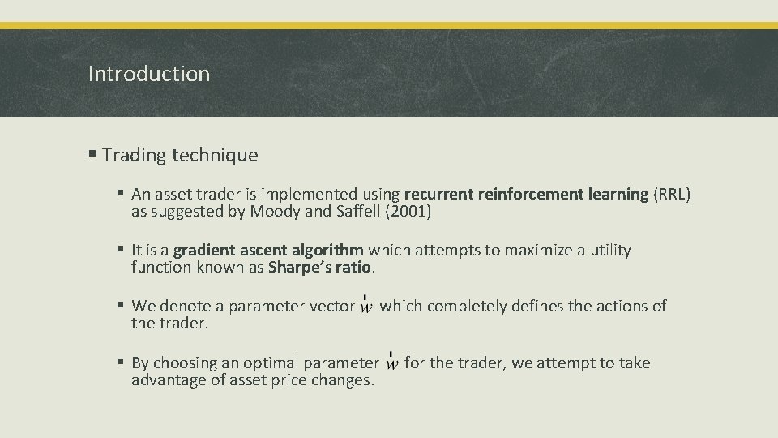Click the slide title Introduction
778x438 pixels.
pyautogui.click(x=148, y=74)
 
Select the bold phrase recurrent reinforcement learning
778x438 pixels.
pyautogui.click(x=526, y=195)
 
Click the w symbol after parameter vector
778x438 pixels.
pyautogui.click(x=366, y=307)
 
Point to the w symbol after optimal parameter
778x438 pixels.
pyautogui.click(x=391, y=363)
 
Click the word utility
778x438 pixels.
pyautogui.click(x=608, y=250)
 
